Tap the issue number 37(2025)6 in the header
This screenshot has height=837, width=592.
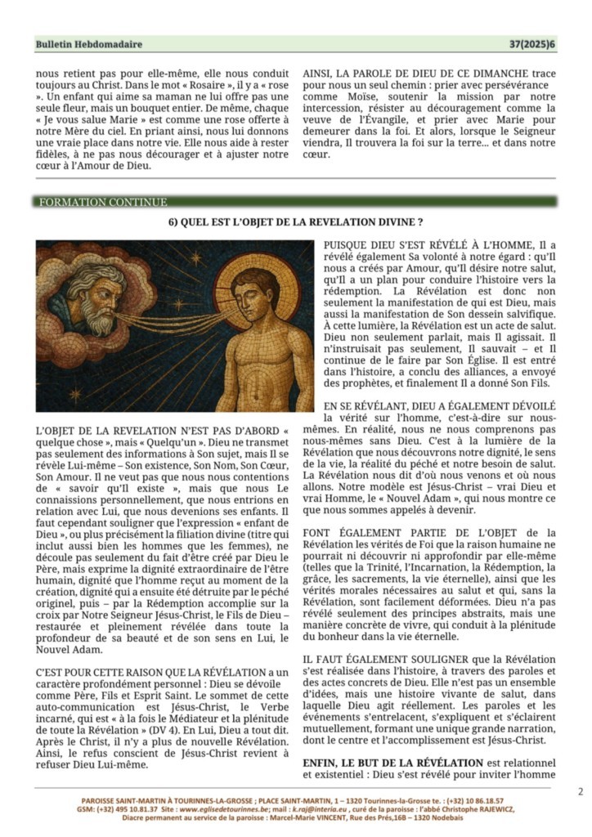tap(532, 44)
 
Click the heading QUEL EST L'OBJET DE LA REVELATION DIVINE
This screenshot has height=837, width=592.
tap(295, 222)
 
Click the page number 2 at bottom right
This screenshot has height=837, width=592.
tap(580, 791)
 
